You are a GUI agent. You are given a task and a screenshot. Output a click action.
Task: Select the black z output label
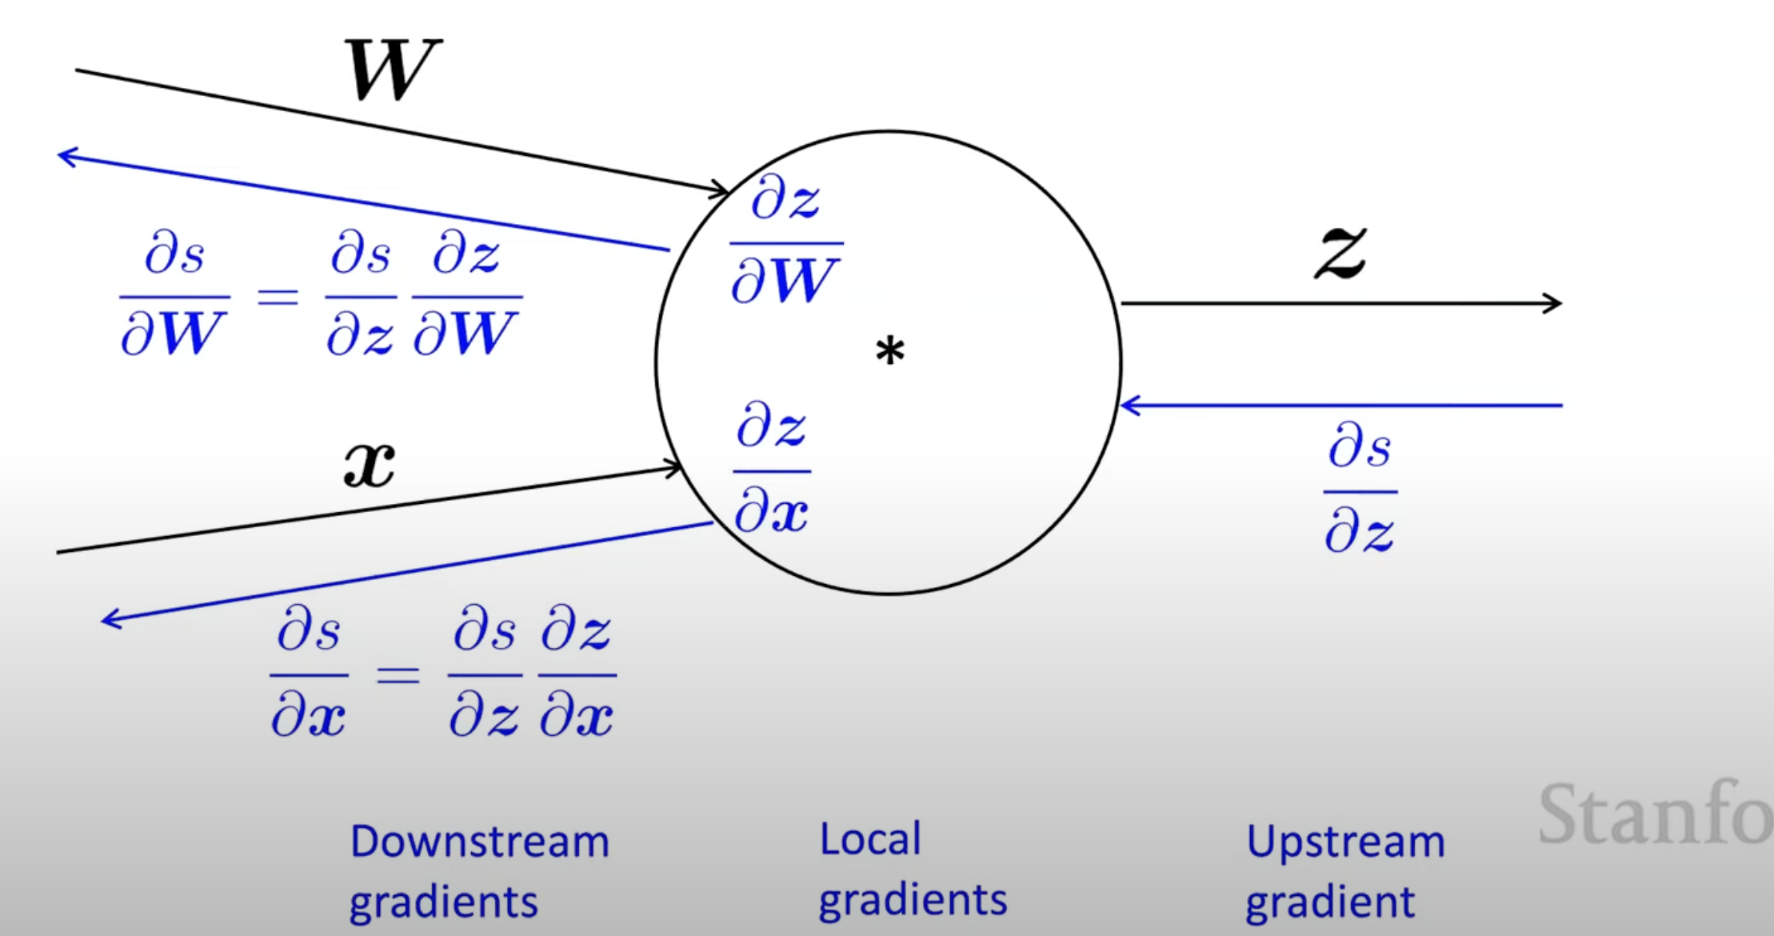point(1341,252)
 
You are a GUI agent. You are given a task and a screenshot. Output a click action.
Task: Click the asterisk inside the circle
point(889,351)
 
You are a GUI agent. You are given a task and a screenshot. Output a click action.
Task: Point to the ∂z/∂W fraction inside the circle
point(786,241)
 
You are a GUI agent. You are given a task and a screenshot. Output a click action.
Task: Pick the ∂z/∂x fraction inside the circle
point(772,469)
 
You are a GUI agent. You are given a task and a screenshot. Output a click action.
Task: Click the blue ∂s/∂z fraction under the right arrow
point(1360,488)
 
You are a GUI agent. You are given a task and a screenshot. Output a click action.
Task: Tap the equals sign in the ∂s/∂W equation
point(278,298)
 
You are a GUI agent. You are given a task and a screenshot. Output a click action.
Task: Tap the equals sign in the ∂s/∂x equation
point(398,675)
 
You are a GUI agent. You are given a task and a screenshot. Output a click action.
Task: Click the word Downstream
point(480,842)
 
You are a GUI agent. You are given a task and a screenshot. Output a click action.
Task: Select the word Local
point(870,839)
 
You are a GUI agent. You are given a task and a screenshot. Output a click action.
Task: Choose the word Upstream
point(1345,842)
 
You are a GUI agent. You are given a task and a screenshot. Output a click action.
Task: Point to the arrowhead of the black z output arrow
point(1555,303)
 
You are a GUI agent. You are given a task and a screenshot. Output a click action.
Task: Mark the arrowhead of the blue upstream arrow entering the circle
point(1128,406)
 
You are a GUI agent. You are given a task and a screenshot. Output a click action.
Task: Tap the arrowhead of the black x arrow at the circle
point(676,467)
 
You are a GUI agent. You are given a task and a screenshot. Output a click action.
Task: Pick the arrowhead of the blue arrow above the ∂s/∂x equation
point(109,619)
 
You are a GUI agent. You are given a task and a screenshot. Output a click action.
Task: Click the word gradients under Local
point(913,901)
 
